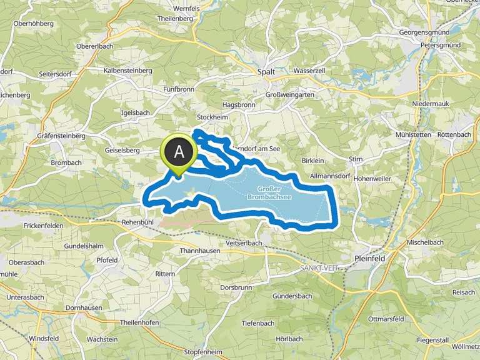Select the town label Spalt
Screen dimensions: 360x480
266,72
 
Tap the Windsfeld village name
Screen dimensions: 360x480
44,338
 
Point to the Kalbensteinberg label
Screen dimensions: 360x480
128,71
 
